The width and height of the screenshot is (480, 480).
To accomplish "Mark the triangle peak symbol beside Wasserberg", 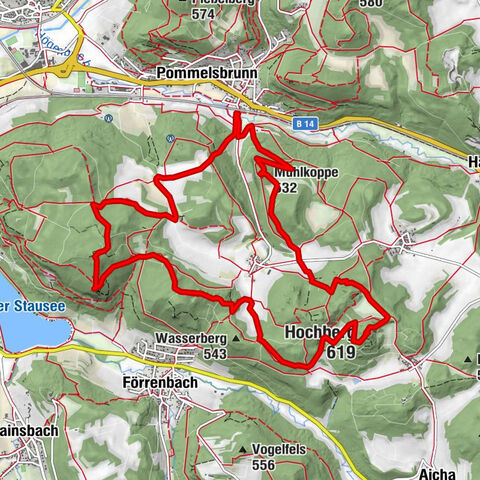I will point(237,339).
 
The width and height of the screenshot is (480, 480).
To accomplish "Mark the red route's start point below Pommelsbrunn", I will point(238,116).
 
